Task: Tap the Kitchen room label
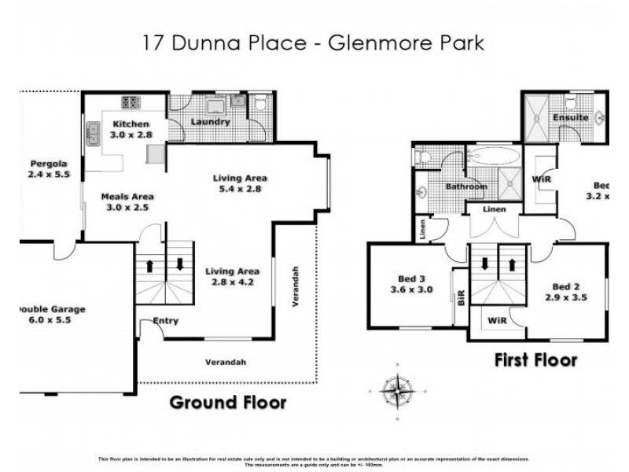tap(127, 124)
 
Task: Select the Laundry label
tap(210, 122)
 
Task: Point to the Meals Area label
tap(127, 197)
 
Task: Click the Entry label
tap(166, 321)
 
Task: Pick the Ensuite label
tap(570, 117)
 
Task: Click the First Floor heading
tap(535, 360)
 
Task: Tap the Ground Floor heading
tap(228, 403)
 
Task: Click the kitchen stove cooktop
tap(131, 102)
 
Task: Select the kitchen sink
tap(94, 134)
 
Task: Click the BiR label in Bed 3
tap(462, 297)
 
